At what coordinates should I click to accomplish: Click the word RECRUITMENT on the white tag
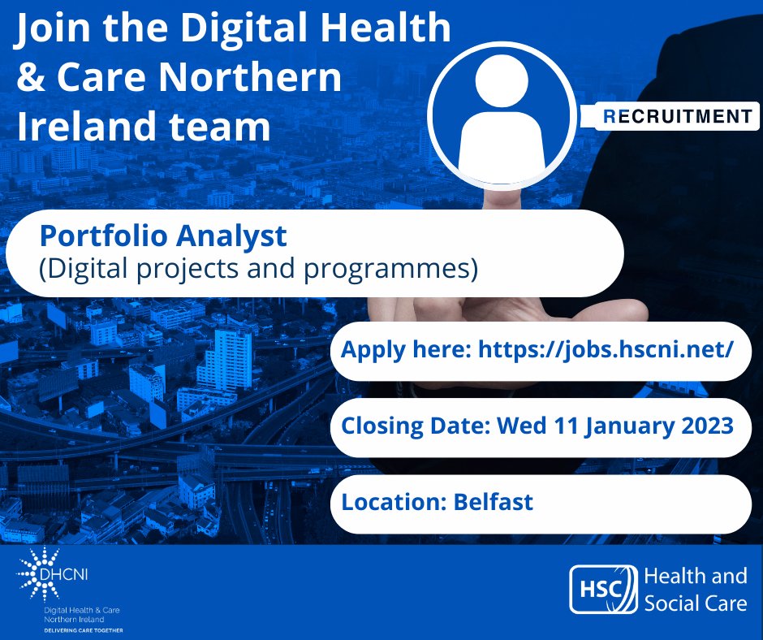[x=679, y=117]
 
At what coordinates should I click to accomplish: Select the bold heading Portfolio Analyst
[x=163, y=236]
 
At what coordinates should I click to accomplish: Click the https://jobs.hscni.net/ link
[x=606, y=351]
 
